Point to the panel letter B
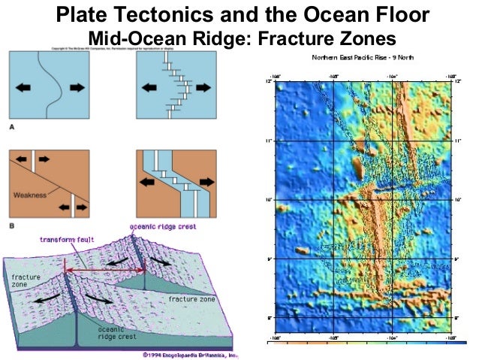12,224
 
